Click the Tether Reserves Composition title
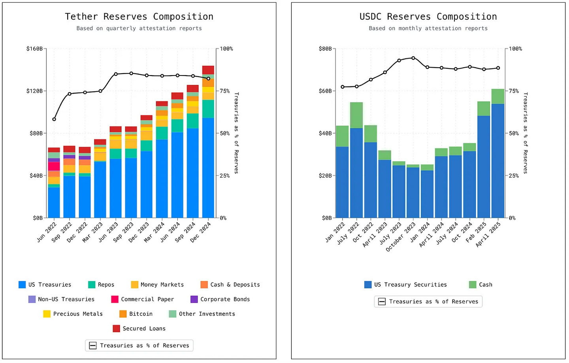click(x=139, y=17)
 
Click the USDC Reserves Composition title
click(x=428, y=17)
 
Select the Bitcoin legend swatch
click(x=123, y=314)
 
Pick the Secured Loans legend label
click(x=144, y=329)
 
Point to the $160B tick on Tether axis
click(x=34, y=49)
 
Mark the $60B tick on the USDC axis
click(x=325, y=91)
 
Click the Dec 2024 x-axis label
click(x=201, y=232)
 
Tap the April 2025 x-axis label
click(x=489, y=234)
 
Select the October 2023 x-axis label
click(x=401, y=236)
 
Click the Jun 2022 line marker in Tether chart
click(x=54, y=119)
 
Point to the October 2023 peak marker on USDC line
click(x=413, y=58)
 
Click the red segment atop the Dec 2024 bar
click(x=208, y=70)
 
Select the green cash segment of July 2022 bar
click(x=356, y=115)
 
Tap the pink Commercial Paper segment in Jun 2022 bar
click(x=54, y=166)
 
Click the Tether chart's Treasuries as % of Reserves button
click(x=139, y=346)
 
